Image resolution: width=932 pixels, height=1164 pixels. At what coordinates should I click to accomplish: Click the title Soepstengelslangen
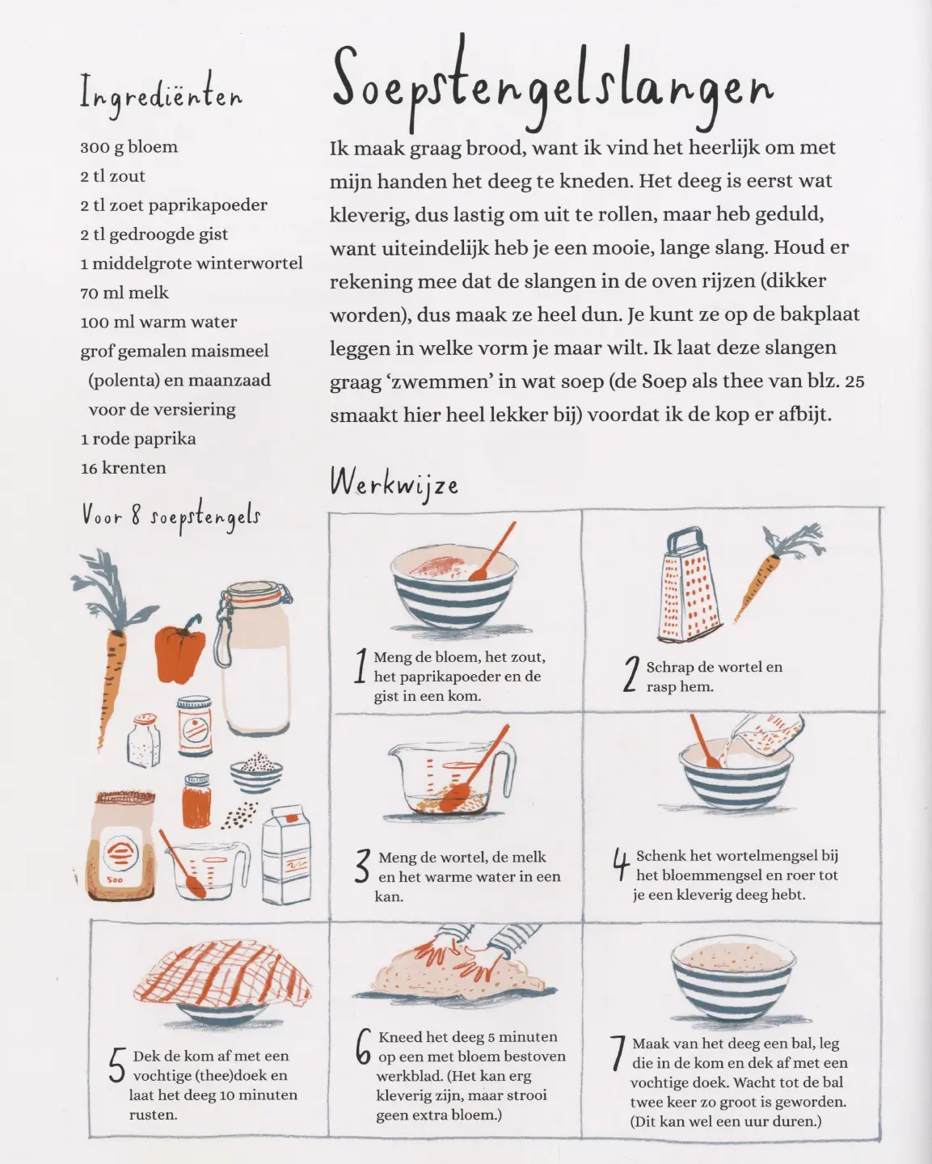[x=552, y=84]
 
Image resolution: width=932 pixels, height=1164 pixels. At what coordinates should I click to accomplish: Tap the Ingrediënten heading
[x=161, y=95]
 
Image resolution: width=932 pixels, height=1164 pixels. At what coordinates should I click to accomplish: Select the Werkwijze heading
[x=394, y=484]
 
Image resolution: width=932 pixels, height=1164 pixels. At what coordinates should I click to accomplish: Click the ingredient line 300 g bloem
[x=129, y=147]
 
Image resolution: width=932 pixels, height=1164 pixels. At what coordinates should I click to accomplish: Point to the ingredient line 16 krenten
[x=124, y=468]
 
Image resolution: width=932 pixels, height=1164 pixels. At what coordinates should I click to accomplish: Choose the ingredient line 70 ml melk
[x=124, y=293]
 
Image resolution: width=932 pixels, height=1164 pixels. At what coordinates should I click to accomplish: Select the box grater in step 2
[x=690, y=584]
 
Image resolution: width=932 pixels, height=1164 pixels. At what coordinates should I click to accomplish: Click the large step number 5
[x=117, y=1065]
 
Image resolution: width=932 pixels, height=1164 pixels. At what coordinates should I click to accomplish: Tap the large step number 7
[x=618, y=1052]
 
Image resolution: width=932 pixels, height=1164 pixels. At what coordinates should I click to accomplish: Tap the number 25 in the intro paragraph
[x=854, y=382]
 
